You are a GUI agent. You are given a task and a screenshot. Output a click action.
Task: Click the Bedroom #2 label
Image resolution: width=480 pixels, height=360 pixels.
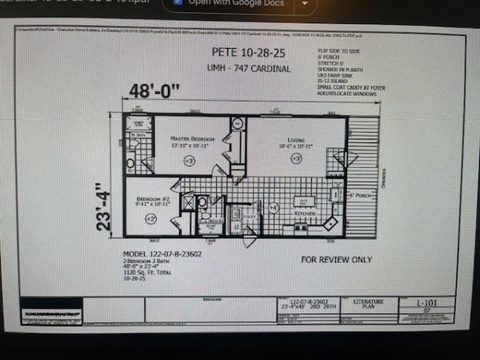point(151,198)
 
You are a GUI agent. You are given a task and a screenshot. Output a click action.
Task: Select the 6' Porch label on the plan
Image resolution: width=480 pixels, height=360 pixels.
point(358,194)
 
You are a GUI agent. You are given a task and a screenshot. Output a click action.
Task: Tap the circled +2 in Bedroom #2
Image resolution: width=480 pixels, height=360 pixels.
point(151,218)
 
